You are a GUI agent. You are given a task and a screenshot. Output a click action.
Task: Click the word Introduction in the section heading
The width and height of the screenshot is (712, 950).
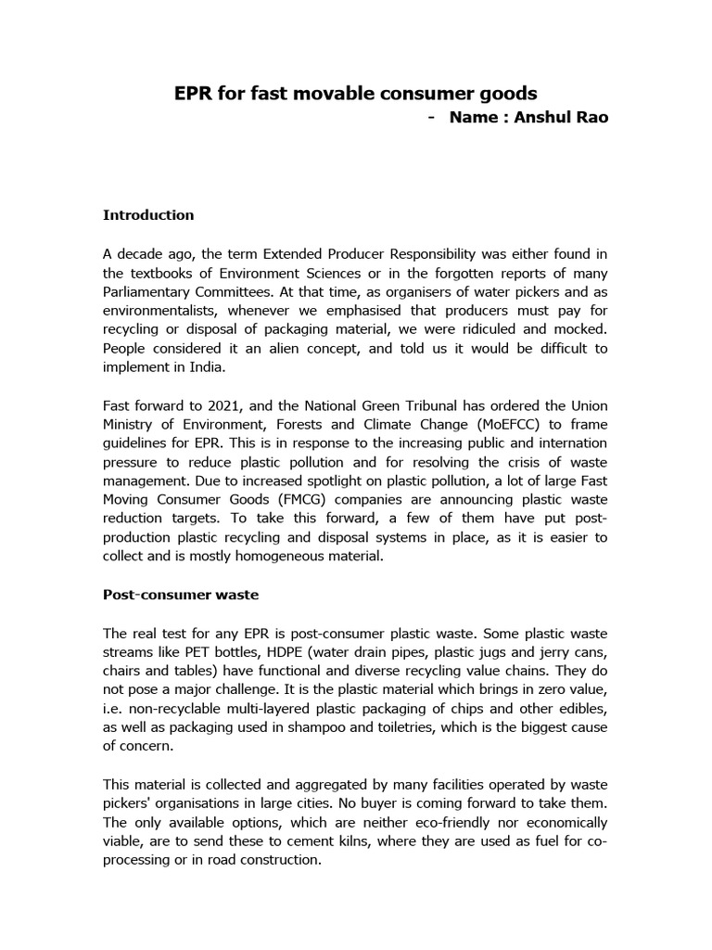click(148, 215)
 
